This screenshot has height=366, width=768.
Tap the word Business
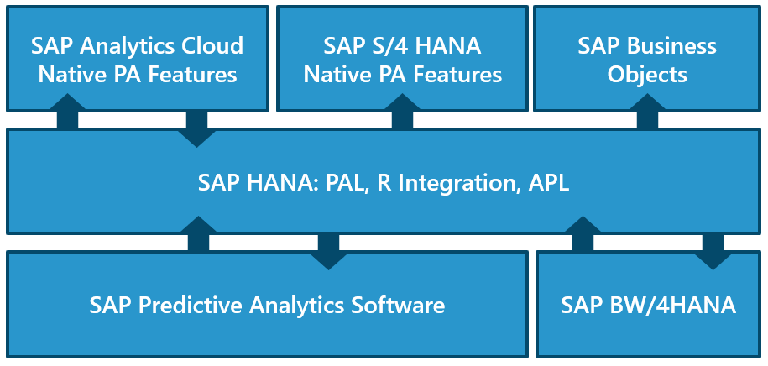(x=672, y=46)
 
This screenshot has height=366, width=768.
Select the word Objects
(x=647, y=75)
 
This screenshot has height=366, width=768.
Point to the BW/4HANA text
(x=670, y=306)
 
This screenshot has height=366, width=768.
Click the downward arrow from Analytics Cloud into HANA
(x=197, y=129)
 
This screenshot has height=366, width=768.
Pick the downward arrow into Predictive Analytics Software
(x=329, y=252)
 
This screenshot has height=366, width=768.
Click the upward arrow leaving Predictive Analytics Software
(x=198, y=234)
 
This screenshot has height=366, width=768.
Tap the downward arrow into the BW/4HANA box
(x=713, y=252)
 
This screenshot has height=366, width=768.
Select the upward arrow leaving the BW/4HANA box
(x=583, y=234)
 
